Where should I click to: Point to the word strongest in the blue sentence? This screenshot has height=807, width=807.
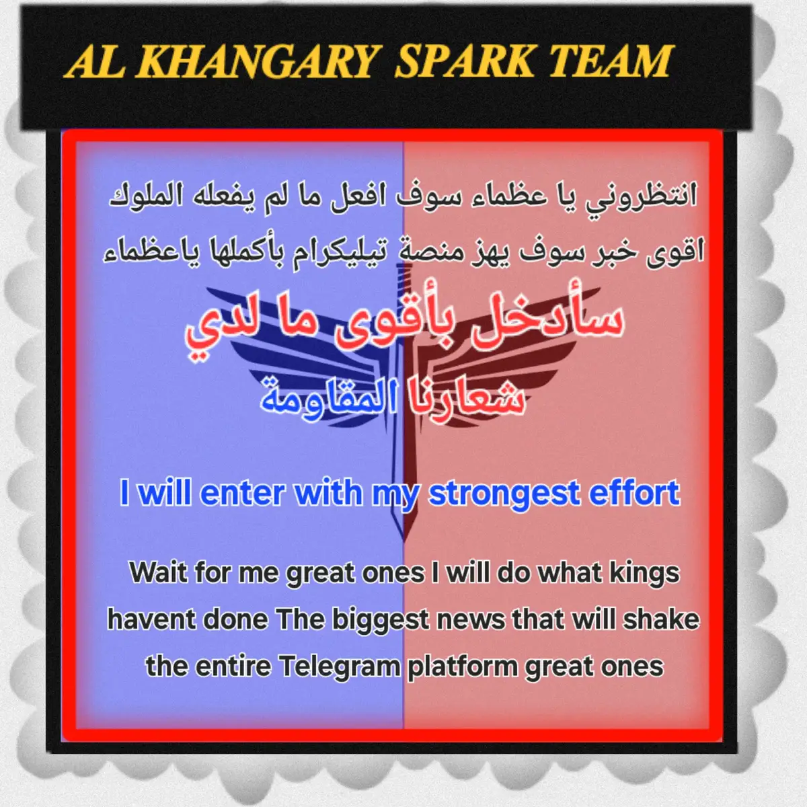pyautogui.click(x=504, y=494)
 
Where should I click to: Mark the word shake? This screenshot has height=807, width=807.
pyautogui.click(x=662, y=619)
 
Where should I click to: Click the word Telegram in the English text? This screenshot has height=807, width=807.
pyautogui.click(x=340, y=666)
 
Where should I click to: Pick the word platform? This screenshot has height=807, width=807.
pyautogui.click(x=463, y=666)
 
